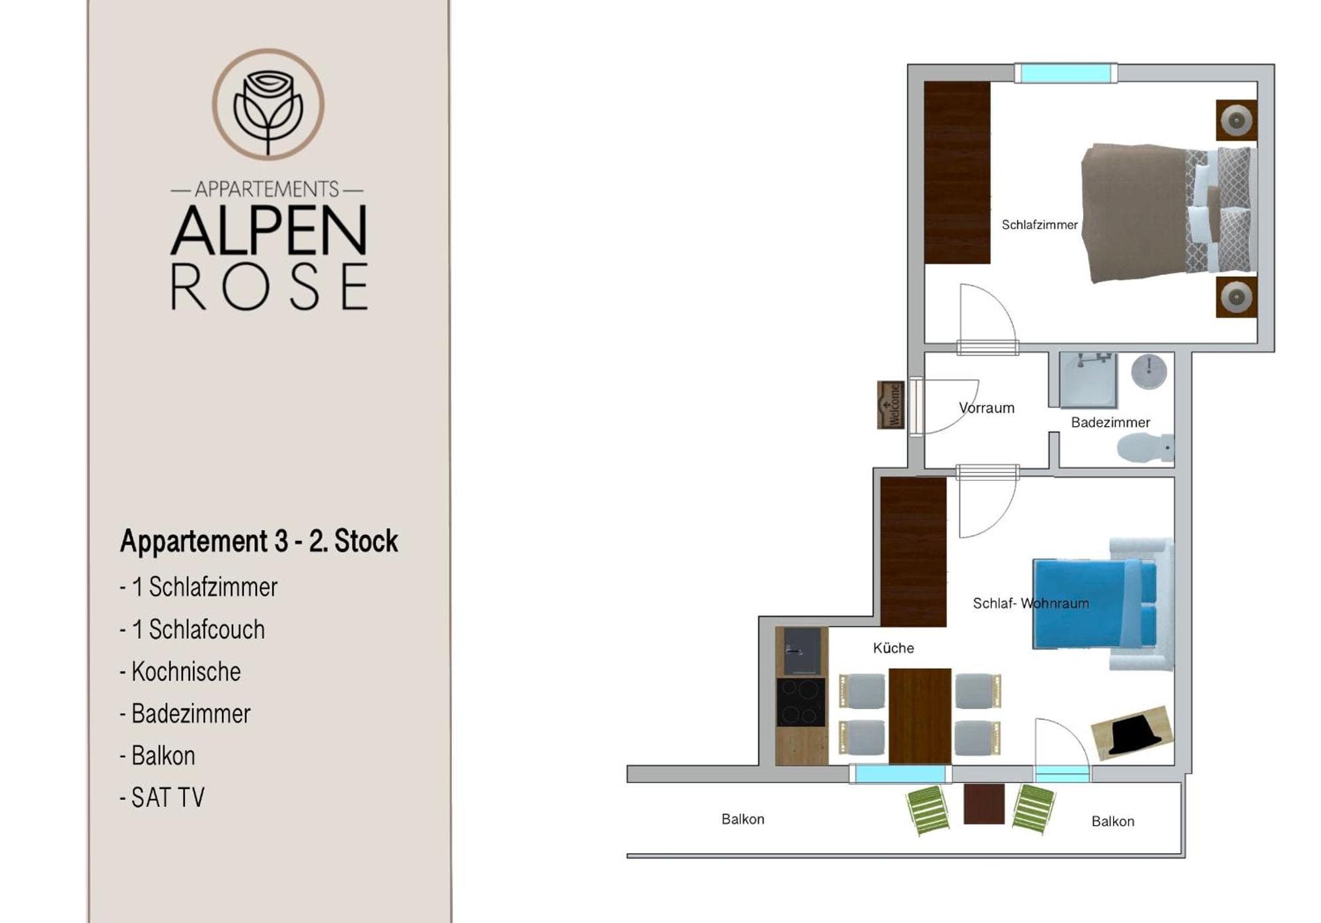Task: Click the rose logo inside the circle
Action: (268, 112)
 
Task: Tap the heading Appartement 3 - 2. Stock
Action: (259, 541)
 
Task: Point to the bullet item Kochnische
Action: (180, 671)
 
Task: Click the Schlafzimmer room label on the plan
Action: (1040, 225)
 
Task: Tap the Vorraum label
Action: (987, 408)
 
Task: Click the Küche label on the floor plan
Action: (894, 648)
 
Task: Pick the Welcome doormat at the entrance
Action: (890, 405)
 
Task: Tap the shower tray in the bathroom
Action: (1089, 380)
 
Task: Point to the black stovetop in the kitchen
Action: (801, 702)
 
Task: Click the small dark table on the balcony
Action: (983, 804)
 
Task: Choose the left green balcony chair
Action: (928, 810)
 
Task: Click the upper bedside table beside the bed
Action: (1236, 120)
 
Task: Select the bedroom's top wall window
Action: (1065, 73)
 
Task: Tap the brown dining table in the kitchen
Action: (920, 716)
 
